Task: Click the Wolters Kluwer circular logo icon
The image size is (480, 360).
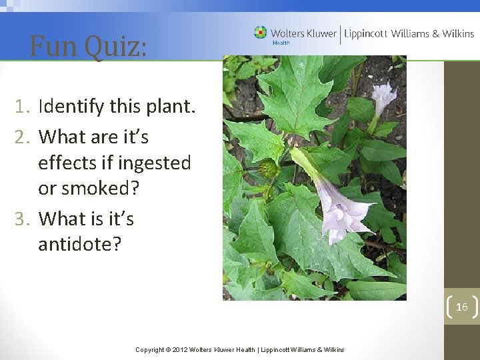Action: [x=260, y=32]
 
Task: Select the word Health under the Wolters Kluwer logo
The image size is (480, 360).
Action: [x=281, y=43]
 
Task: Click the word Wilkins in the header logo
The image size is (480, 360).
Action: [x=454, y=33]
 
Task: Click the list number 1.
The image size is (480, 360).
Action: [x=22, y=106]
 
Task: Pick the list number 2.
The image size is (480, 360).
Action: [x=22, y=137]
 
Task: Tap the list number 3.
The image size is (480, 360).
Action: [x=22, y=219]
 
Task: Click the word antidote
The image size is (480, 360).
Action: [x=79, y=244]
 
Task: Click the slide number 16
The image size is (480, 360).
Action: [x=462, y=307]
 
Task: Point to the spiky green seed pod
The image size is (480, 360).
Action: [x=269, y=169]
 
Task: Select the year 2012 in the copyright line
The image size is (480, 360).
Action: [x=180, y=350]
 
